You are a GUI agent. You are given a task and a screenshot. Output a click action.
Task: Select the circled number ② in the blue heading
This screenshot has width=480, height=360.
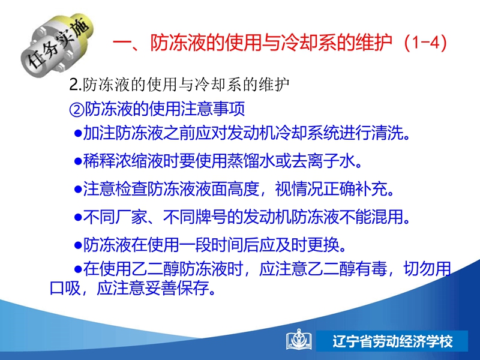tap(77, 109)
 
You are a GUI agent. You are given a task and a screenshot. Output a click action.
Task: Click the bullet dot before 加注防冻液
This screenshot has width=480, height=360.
tap(78, 133)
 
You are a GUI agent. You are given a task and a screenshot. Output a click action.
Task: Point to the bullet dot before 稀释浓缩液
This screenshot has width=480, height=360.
tap(78, 161)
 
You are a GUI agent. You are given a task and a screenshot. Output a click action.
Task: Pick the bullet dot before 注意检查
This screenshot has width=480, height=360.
tap(78, 189)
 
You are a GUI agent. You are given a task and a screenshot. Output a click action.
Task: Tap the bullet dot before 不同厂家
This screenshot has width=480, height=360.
tap(78, 217)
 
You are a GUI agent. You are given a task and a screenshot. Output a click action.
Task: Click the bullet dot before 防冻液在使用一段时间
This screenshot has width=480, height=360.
tap(78, 245)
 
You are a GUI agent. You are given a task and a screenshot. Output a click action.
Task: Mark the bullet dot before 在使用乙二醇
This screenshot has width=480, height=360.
tap(78, 269)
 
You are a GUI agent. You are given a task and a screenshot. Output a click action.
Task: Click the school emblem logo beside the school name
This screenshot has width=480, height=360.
tap(299, 340)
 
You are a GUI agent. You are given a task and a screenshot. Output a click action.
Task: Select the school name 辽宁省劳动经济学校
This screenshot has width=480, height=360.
tap(393, 341)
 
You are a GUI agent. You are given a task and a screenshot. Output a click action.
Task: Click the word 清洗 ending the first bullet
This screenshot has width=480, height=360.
tap(388, 133)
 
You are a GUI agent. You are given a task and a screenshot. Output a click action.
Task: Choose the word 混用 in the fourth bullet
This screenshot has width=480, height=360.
tap(388, 217)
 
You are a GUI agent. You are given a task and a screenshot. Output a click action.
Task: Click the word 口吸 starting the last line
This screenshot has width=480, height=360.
tap(65, 288)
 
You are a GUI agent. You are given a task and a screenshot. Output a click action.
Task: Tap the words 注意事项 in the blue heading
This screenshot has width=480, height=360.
tap(213, 109)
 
